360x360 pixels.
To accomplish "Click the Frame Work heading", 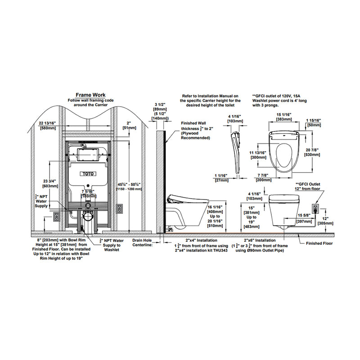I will (x=90, y=95).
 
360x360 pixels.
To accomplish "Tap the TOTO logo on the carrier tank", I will (x=88, y=173).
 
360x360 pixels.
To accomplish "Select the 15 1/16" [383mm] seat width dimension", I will (x=284, y=118).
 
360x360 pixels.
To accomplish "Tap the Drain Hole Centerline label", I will (x=143, y=243).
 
